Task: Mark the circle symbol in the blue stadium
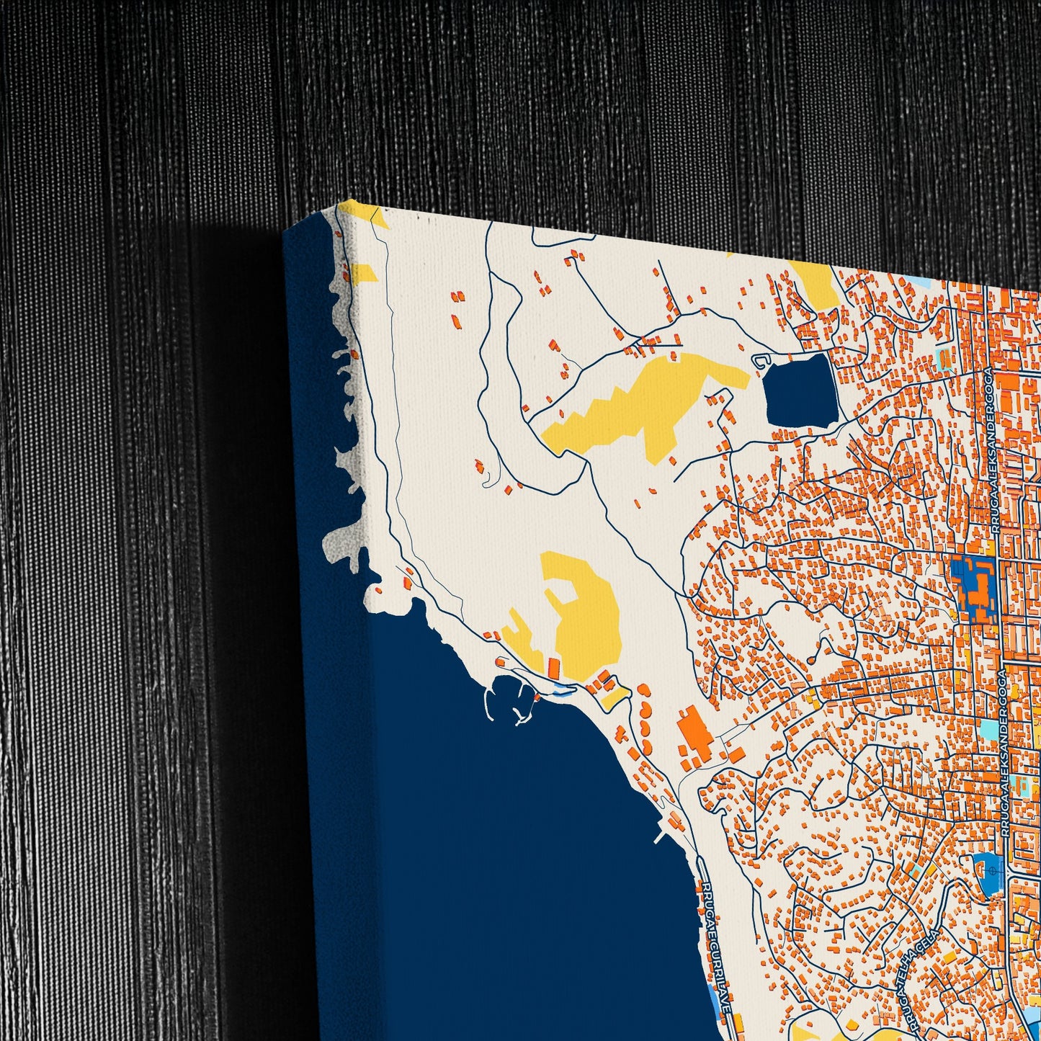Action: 992,870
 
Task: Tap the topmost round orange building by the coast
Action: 644,690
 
